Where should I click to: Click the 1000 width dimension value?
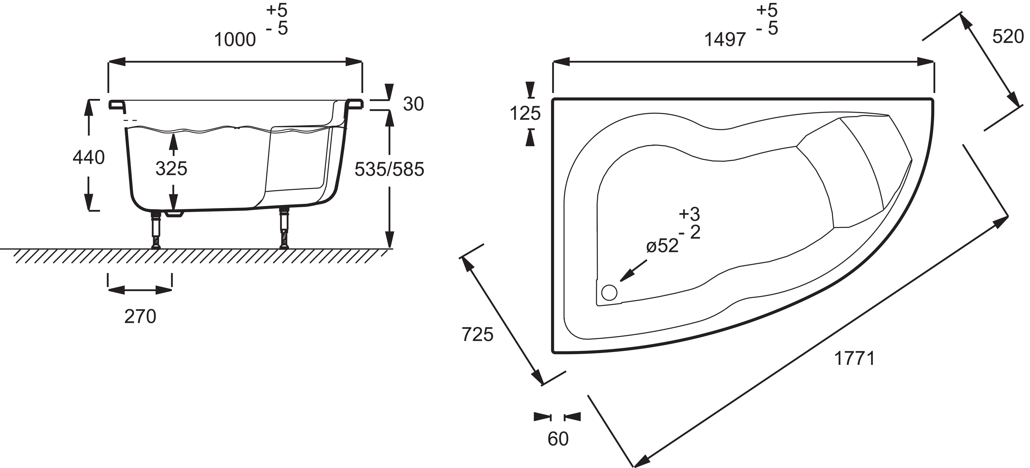(235, 40)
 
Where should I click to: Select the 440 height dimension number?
(89, 158)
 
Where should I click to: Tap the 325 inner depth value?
(171, 169)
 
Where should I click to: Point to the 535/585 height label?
(389, 169)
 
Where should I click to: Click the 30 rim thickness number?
(413, 104)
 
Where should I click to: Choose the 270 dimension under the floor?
(140, 317)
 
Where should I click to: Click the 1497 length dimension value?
(725, 40)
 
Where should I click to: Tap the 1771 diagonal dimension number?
(854, 358)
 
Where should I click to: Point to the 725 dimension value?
(477, 334)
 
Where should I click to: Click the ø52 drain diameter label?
(662, 245)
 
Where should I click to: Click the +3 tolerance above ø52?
(689, 214)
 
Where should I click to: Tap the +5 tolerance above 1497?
(767, 10)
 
